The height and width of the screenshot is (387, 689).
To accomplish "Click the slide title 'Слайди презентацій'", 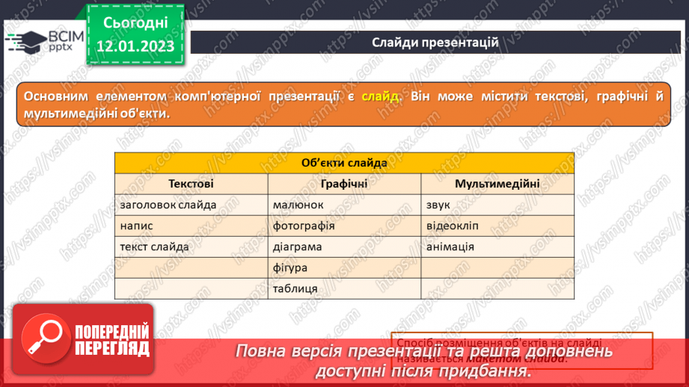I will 435,42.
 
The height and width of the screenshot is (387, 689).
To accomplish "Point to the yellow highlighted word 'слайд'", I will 381,96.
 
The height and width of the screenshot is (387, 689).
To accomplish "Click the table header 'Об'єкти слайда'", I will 344,163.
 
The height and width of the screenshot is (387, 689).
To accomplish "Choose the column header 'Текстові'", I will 191,184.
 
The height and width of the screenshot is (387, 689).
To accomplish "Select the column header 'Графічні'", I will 344,184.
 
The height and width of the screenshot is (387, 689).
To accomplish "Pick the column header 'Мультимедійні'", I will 497,184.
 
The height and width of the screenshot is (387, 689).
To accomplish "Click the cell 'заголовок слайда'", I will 168,205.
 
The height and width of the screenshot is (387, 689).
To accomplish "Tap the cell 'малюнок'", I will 298,205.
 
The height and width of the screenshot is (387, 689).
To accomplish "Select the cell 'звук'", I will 438,205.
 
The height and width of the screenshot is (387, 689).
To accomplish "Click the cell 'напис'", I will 135,226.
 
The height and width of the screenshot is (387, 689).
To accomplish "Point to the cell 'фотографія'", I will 303,226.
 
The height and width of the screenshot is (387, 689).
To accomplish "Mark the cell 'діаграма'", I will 298,247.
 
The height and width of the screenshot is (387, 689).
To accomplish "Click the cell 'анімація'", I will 450,247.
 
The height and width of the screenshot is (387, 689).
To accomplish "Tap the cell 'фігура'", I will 291,267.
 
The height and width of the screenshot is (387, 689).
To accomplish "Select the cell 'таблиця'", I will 295,288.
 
